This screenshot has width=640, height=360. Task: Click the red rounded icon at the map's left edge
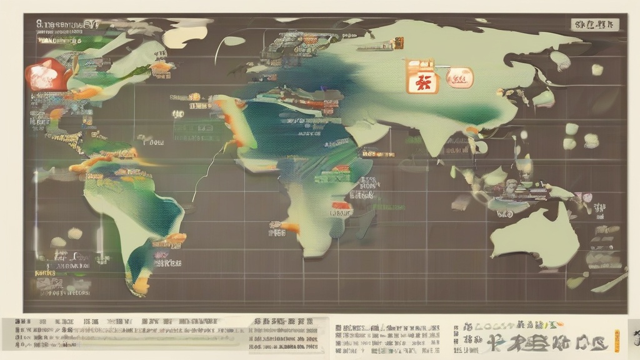[41, 75]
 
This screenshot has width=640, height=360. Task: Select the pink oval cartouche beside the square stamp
[459, 77]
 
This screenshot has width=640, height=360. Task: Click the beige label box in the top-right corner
[594, 25]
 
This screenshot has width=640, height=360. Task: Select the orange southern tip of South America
[141, 286]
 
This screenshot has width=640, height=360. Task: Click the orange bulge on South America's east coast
[175, 238]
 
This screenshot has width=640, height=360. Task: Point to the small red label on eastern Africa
[341, 205]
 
